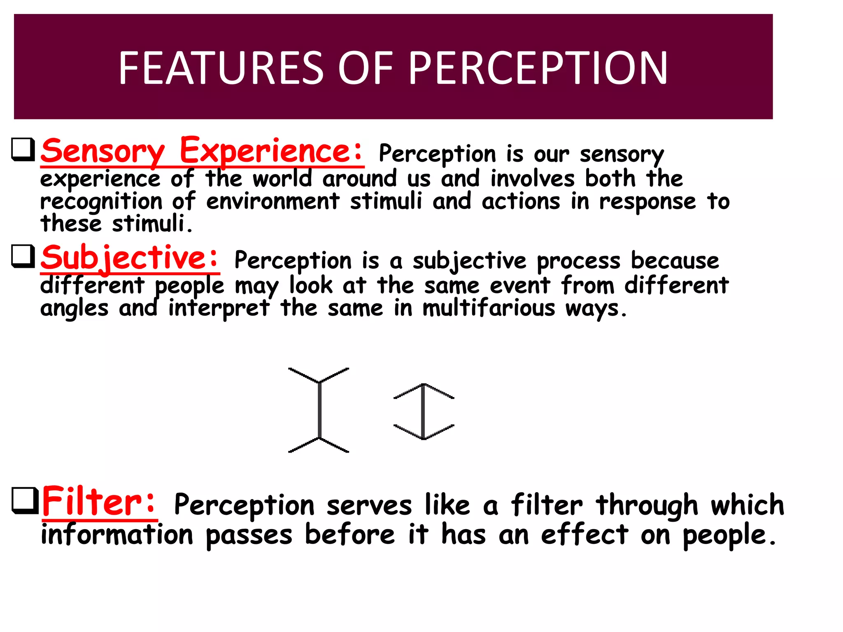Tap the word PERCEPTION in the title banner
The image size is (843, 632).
pos(538,68)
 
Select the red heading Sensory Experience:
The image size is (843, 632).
pos(202,151)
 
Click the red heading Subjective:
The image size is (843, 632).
pos(130,258)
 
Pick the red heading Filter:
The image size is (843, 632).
pos(99,501)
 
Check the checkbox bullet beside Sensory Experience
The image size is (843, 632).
pos(23,149)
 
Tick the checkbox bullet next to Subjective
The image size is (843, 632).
pos(23,256)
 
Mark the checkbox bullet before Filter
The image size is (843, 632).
pos(24,500)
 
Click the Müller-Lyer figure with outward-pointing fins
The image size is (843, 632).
pos(319,410)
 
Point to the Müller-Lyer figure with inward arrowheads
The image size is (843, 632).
pos(424,411)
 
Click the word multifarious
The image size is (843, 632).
pos(489,308)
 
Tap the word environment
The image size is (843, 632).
pos(272,202)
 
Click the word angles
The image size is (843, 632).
pos(75,309)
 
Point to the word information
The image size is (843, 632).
pos(117,534)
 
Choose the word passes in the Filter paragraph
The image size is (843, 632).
pos(249,535)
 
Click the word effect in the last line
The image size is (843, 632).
pos(585,534)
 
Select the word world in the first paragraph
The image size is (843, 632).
pos(282,179)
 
